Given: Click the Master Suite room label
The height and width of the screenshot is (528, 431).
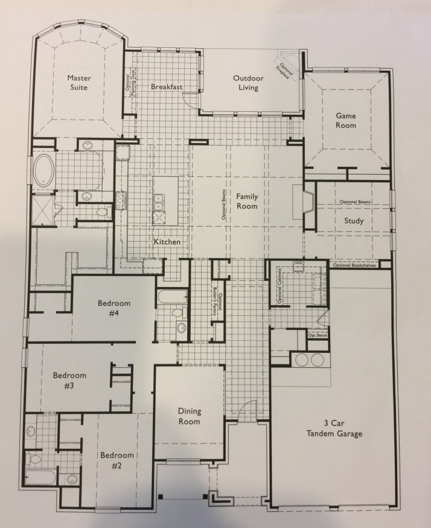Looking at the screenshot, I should tap(78, 83).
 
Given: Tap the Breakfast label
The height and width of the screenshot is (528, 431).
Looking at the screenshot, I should tap(167, 87).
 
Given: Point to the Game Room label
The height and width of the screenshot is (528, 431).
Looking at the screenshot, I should tap(346, 120).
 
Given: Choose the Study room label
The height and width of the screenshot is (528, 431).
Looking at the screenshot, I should tap(354, 221).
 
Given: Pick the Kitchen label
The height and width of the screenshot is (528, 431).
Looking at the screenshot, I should tap(167, 242).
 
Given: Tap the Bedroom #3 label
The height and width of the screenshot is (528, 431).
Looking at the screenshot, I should tap(69, 380).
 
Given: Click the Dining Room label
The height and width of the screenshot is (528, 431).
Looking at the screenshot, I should tap(189, 416).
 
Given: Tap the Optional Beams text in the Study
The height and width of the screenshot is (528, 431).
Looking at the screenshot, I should tap(355, 201).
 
